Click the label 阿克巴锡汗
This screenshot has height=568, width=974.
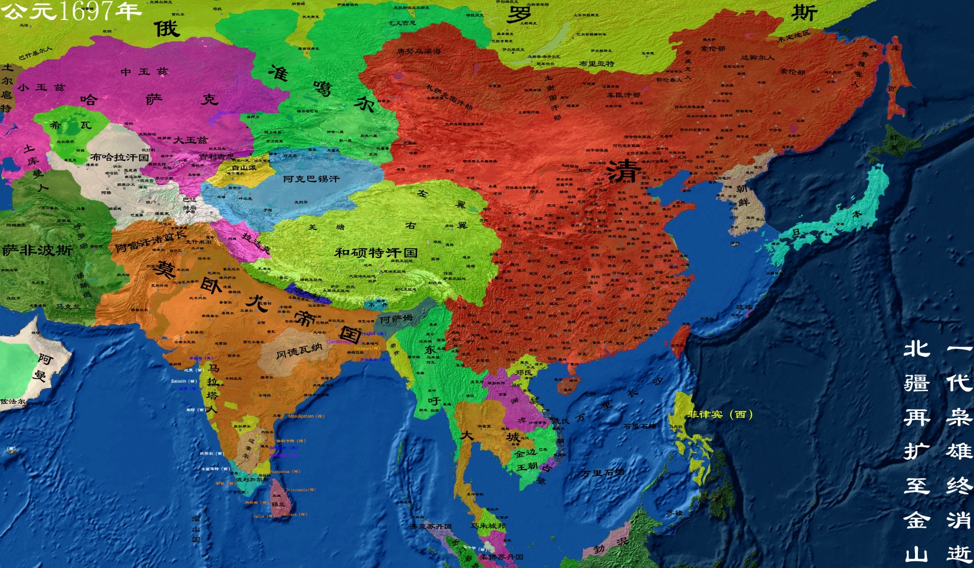312,179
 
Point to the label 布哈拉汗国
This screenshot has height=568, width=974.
119,157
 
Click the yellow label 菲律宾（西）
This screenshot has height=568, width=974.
720,414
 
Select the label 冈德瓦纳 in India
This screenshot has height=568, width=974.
299,351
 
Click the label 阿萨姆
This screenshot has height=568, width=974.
396,319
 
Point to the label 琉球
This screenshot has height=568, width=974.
744,307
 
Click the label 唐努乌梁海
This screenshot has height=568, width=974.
419,51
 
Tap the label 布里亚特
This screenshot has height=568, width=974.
596,63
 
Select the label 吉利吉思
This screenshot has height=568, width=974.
216,156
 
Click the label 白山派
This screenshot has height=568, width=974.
244,167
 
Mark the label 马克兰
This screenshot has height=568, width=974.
68,306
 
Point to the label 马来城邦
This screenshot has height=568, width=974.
488,526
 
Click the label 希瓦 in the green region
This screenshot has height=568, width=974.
70,125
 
